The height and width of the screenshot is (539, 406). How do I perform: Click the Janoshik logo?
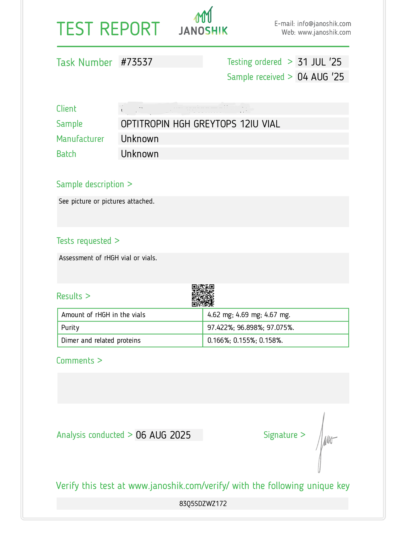click(x=203, y=21)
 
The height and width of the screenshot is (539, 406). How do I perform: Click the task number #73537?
click(x=137, y=62)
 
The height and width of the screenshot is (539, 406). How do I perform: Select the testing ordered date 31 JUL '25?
click(x=320, y=62)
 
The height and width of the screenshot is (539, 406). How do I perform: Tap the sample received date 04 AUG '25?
click(x=321, y=77)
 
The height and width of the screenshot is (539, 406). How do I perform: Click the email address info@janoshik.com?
click(x=324, y=24)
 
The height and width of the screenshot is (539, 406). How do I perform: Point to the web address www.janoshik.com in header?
click(x=324, y=32)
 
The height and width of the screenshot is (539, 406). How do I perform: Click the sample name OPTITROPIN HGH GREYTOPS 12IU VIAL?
click(x=200, y=124)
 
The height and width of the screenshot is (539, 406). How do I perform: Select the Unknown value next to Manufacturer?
click(x=140, y=139)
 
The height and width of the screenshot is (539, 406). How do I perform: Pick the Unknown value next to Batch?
click(x=140, y=154)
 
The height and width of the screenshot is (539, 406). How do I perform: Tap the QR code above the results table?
click(x=203, y=295)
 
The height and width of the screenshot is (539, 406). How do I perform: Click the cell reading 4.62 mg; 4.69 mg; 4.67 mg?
click(x=249, y=315)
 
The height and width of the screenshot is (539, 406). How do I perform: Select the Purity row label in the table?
click(x=70, y=328)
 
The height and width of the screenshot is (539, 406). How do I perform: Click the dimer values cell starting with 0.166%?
click(x=245, y=341)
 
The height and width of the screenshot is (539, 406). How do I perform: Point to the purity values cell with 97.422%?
click(x=251, y=328)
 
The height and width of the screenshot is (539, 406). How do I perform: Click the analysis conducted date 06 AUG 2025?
click(x=163, y=435)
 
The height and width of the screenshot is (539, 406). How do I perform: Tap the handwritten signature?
click(x=324, y=441)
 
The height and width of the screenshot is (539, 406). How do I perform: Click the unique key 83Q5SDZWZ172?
click(x=203, y=504)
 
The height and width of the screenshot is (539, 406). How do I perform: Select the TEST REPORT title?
click(x=108, y=29)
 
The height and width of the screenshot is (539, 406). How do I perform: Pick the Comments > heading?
click(x=79, y=360)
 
